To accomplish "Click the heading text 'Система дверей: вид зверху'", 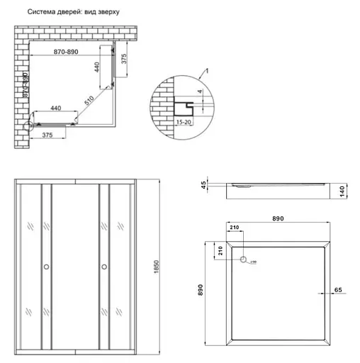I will pyautogui.click(x=73, y=13).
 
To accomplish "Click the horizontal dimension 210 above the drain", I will pyautogui.click(x=235, y=228).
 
